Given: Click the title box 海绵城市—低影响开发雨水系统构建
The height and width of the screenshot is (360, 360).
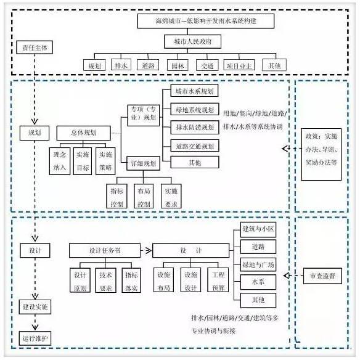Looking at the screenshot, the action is (206, 21).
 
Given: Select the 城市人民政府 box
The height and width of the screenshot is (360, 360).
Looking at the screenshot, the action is (192, 41).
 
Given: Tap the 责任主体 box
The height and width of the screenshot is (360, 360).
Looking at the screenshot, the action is (35, 47).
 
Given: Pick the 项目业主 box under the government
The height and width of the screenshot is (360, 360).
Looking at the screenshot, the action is (239, 65).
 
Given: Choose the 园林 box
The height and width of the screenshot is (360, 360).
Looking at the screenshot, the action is (178, 65).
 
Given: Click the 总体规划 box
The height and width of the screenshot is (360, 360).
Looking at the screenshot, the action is (84, 133).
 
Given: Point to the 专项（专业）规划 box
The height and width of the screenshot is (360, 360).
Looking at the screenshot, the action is (144, 115).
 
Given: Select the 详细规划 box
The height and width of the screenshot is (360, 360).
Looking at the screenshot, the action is (143, 163).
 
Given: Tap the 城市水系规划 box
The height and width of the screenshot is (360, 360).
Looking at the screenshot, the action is (194, 91).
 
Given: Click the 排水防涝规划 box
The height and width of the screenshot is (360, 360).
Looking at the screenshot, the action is (195, 127).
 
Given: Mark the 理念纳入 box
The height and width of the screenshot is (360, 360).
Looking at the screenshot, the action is (60, 161).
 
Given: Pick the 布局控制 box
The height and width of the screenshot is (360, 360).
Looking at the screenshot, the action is (144, 196).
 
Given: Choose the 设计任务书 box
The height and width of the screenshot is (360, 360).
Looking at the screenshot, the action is (105, 250).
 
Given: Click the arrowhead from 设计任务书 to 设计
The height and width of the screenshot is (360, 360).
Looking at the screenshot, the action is (149, 250).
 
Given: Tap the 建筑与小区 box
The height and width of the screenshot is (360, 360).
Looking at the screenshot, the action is (258, 229).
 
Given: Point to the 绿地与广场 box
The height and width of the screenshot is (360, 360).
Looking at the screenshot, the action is (258, 264).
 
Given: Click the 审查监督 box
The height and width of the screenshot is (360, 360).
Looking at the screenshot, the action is (322, 276).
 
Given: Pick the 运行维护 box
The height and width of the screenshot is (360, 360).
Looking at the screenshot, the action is (35, 338).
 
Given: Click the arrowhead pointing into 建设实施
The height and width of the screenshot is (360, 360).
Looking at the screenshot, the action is (35, 297).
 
